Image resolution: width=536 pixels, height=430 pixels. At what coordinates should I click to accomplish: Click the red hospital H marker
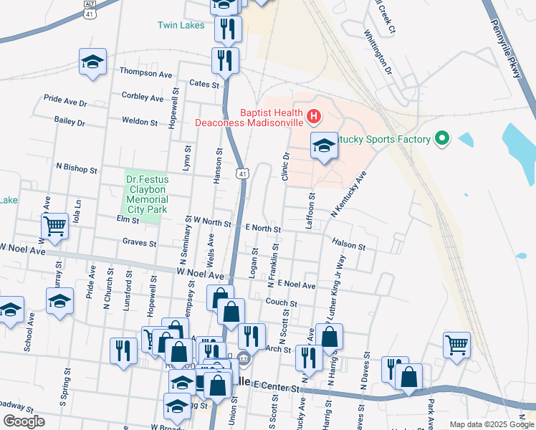(313, 116)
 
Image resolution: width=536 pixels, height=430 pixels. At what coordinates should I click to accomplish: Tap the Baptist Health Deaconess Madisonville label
(248, 117)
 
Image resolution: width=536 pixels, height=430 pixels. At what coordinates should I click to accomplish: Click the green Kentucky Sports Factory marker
(441, 139)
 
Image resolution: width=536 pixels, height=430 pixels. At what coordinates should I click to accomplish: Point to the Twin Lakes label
(181, 25)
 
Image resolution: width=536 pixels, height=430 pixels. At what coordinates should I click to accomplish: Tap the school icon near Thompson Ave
(92, 62)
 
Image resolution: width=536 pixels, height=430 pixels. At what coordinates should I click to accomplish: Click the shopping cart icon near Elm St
(55, 226)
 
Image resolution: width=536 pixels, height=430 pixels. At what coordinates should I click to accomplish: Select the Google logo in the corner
(24, 421)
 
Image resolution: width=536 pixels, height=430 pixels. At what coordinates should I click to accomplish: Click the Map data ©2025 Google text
(491, 424)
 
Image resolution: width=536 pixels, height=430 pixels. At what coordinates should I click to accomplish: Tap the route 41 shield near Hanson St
(244, 173)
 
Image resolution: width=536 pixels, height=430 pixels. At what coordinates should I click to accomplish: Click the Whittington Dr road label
(377, 52)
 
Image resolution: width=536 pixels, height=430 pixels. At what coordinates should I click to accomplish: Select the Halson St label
(349, 244)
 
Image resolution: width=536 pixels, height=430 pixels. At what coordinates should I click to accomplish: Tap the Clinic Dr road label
(285, 166)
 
